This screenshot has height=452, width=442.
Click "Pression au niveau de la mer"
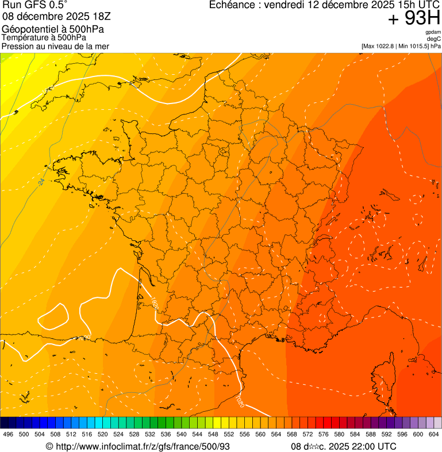55,46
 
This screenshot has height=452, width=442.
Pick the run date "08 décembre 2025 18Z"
60,16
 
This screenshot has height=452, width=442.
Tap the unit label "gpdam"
433,32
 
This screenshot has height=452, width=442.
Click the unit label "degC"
435,39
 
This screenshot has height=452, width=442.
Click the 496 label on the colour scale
8,435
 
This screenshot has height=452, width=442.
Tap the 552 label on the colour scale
229,435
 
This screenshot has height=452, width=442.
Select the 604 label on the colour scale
434,435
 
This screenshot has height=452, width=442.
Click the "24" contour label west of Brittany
41,182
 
